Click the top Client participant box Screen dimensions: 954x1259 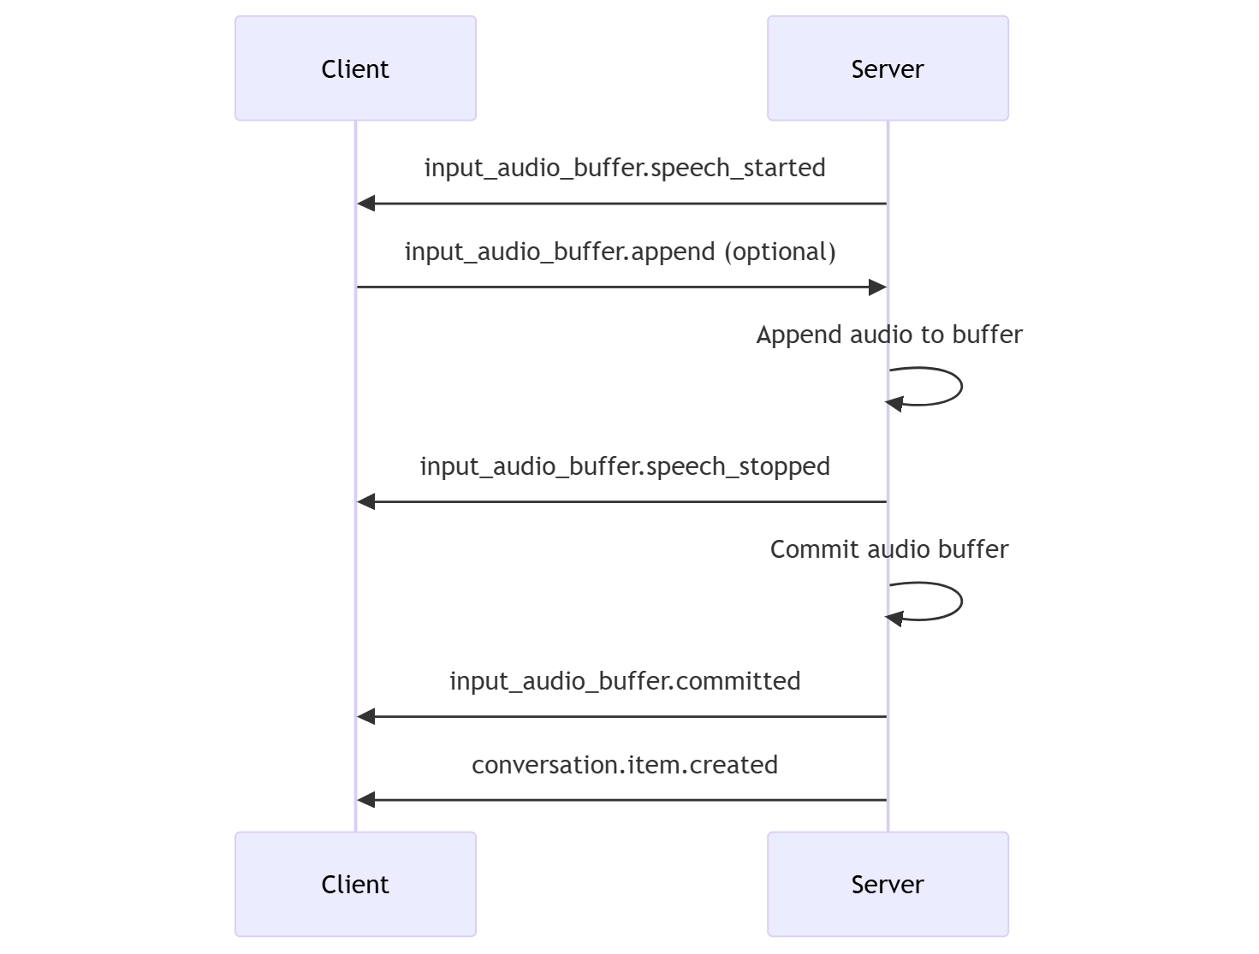pyautogui.click(x=355, y=68)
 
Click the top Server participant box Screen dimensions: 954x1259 pyautogui.click(x=888, y=68)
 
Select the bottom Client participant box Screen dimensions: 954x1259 pyautogui.click(x=355, y=884)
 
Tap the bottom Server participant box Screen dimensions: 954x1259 pyautogui.click(x=888, y=884)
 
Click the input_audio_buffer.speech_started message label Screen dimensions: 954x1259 pyautogui.click(x=625, y=168)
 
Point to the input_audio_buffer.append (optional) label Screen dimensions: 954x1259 pyautogui.click(x=620, y=252)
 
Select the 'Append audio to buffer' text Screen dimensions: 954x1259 pyautogui.click(x=889, y=335)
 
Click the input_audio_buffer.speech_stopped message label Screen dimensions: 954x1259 pyautogui.click(x=625, y=466)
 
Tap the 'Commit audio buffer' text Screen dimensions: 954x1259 pyautogui.click(x=889, y=549)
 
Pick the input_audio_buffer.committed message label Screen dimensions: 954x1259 pyautogui.click(x=625, y=681)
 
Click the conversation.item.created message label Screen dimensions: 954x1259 pyautogui.click(x=625, y=765)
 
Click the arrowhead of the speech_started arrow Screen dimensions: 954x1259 pyautogui.click(x=366, y=204)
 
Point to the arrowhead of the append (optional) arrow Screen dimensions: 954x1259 pyautogui.click(x=877, y=287)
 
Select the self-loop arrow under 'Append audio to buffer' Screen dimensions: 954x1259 pyautogui.click(x=960, y=387)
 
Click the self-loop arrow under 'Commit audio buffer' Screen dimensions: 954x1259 pyautogui.click(x=960, y=601)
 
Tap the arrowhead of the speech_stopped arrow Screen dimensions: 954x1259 pyautogui.click(x=366, y=502)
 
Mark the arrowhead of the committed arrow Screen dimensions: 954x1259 pyautogui.click(x=366, y=717)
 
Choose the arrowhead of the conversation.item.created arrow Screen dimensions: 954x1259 pyautogui.click(x=366, y=800)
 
